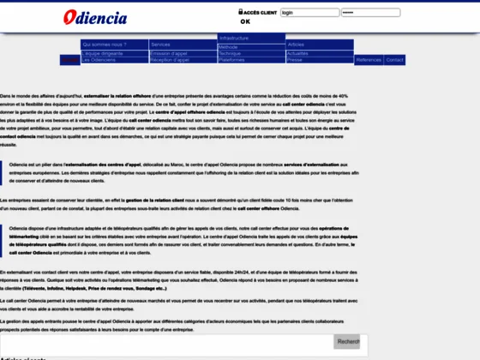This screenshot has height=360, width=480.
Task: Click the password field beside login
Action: point(358,13)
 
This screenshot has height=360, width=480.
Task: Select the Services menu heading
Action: point(160,44)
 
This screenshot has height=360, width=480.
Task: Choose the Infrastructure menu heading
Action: point(234,39)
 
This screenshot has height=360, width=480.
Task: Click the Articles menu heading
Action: point(296,44)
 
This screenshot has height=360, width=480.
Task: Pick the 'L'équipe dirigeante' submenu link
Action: point(102,53)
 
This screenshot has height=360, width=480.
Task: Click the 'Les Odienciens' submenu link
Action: point(99,60)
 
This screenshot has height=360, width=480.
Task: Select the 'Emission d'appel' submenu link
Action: point(169,53)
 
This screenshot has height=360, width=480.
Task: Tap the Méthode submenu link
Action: point(229,46)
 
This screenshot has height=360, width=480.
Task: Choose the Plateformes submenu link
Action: point(231,60)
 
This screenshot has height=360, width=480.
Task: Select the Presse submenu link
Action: point(294,60)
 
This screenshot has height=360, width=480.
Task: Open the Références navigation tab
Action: point(369,60)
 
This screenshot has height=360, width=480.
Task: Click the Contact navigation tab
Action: point(395,60)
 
